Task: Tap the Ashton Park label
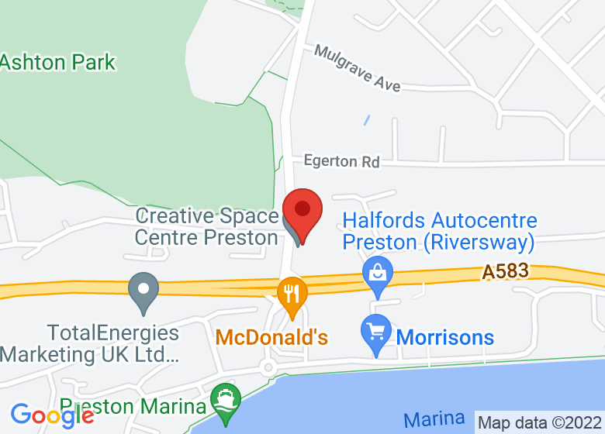tap(57, 62)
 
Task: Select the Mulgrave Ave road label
tap(358, 67)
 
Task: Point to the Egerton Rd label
tap(341, 161)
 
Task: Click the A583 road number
tap(505, 271)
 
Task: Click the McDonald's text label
tap(271, 337)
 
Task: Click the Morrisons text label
tap(444, 337)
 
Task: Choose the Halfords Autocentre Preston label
tap(440, 232)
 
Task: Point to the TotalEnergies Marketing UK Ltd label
tap(91, 344)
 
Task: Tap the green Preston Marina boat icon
tap(226, 401)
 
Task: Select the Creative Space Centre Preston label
tap(206, 226)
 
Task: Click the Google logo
tap(53, 415)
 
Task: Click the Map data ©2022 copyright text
tap(540, 423)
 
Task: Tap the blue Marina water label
tap(434, 420)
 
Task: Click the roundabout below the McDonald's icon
tap(268, 366)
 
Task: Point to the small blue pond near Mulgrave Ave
tap(366, 121)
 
